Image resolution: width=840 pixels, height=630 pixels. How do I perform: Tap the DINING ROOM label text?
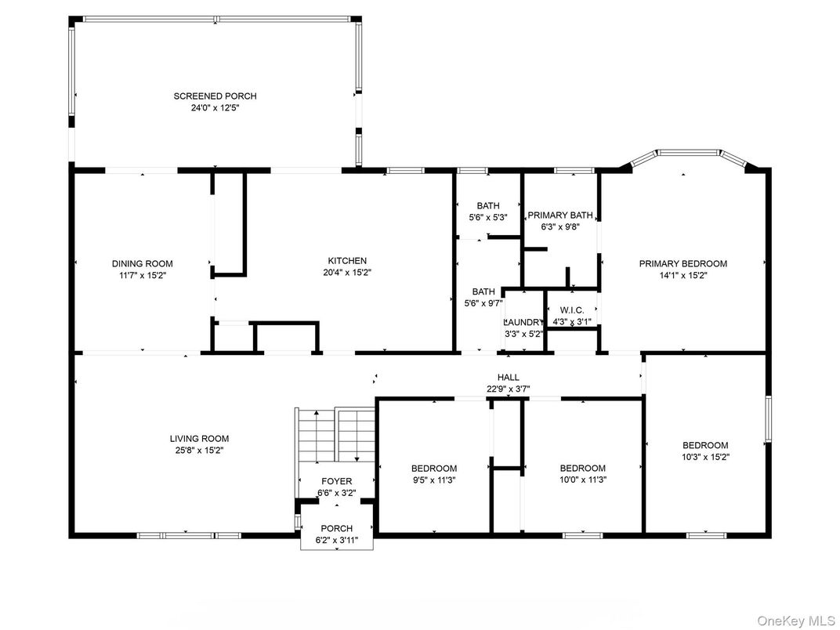tap(142, 264)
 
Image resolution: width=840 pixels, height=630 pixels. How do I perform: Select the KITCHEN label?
tap(347, 261)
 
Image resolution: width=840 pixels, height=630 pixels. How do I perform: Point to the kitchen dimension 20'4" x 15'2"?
tap(347, 273)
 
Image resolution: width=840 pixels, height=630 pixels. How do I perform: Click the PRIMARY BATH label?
tap(560, 215)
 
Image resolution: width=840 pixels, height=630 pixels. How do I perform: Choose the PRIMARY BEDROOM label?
tap(682, 264)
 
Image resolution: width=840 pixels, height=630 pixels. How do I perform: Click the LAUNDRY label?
tap(523, 322)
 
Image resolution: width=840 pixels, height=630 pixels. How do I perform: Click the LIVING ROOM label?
tap(200, 439)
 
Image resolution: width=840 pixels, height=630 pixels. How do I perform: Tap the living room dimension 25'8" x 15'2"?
tap(200, 451)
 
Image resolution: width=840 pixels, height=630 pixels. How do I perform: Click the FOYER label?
tap(337, 481)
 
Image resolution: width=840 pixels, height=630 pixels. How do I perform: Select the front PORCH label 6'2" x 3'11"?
tap(337, 534)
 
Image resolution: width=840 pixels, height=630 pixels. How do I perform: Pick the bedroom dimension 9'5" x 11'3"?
tap(434, 480)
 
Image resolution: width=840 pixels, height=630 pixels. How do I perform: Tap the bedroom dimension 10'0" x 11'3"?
tap(582, 480)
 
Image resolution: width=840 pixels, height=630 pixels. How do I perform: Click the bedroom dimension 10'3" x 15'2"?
tap(704, 457)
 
